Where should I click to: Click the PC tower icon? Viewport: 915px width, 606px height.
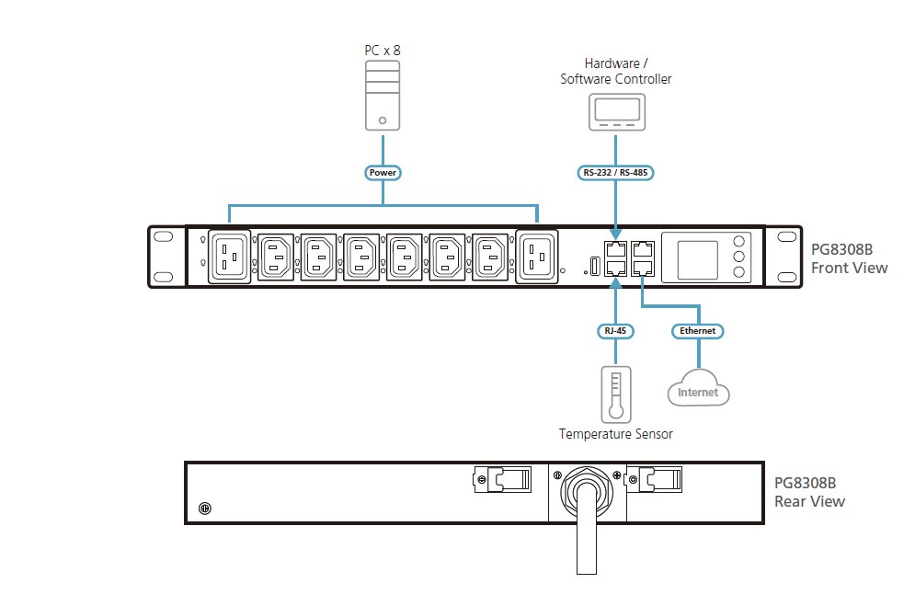click(x=383, y=96)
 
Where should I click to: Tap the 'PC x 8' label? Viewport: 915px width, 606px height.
click(x=383, y=51)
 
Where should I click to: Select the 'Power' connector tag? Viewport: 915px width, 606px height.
click(x=383, y=173)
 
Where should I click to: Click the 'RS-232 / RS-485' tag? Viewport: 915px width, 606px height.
click(x=615, y=173)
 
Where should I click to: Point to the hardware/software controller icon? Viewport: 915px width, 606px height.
click(x=617, y=112)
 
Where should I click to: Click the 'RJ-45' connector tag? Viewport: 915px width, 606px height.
click(x=615, y=331)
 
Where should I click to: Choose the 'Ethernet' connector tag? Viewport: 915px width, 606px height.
click(x=697, y=331)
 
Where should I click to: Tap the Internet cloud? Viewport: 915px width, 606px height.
click(x=699, y=388)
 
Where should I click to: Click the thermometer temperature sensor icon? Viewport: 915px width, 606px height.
click(x=615, y=394)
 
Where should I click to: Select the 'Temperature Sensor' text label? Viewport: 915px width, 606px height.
click(x=615, y=434)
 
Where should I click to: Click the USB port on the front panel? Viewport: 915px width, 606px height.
click(x=595, y=266)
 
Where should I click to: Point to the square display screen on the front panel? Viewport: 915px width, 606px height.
click(x=697, y=260)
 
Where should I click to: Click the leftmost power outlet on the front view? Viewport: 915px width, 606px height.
click(x=229, y=257)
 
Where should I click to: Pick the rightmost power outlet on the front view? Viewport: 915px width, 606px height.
click(x=537, y=257)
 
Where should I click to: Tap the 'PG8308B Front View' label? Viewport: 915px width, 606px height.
click(x=849, y=258)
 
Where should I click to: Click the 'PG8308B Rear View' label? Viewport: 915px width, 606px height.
click(x=809, y=492)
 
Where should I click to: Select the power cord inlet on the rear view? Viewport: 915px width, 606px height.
click(x=587, y=491)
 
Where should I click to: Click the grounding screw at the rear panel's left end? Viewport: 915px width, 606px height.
click(x=205, y=509)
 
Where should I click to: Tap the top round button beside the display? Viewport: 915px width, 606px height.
click(x=738, y=242)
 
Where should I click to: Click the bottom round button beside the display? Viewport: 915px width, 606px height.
click(x=738, y=272)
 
